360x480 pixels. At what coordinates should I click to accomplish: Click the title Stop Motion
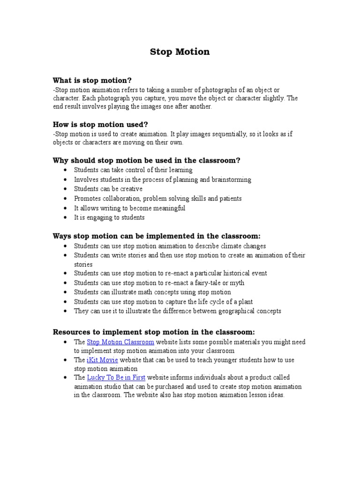180,52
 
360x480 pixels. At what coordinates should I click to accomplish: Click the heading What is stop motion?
96,81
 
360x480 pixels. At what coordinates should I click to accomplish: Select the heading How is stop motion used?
100,125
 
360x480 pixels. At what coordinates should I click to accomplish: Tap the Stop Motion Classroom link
120,342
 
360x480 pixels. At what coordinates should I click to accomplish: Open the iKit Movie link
102,360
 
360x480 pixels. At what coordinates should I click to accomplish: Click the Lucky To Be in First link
116,377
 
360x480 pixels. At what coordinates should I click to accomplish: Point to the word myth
237,283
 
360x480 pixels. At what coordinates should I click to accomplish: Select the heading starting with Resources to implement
154,332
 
